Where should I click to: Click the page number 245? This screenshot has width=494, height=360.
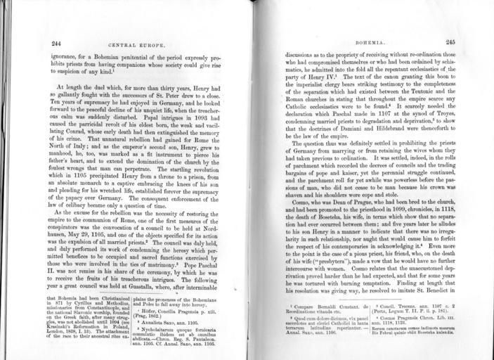tap(450, 42)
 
